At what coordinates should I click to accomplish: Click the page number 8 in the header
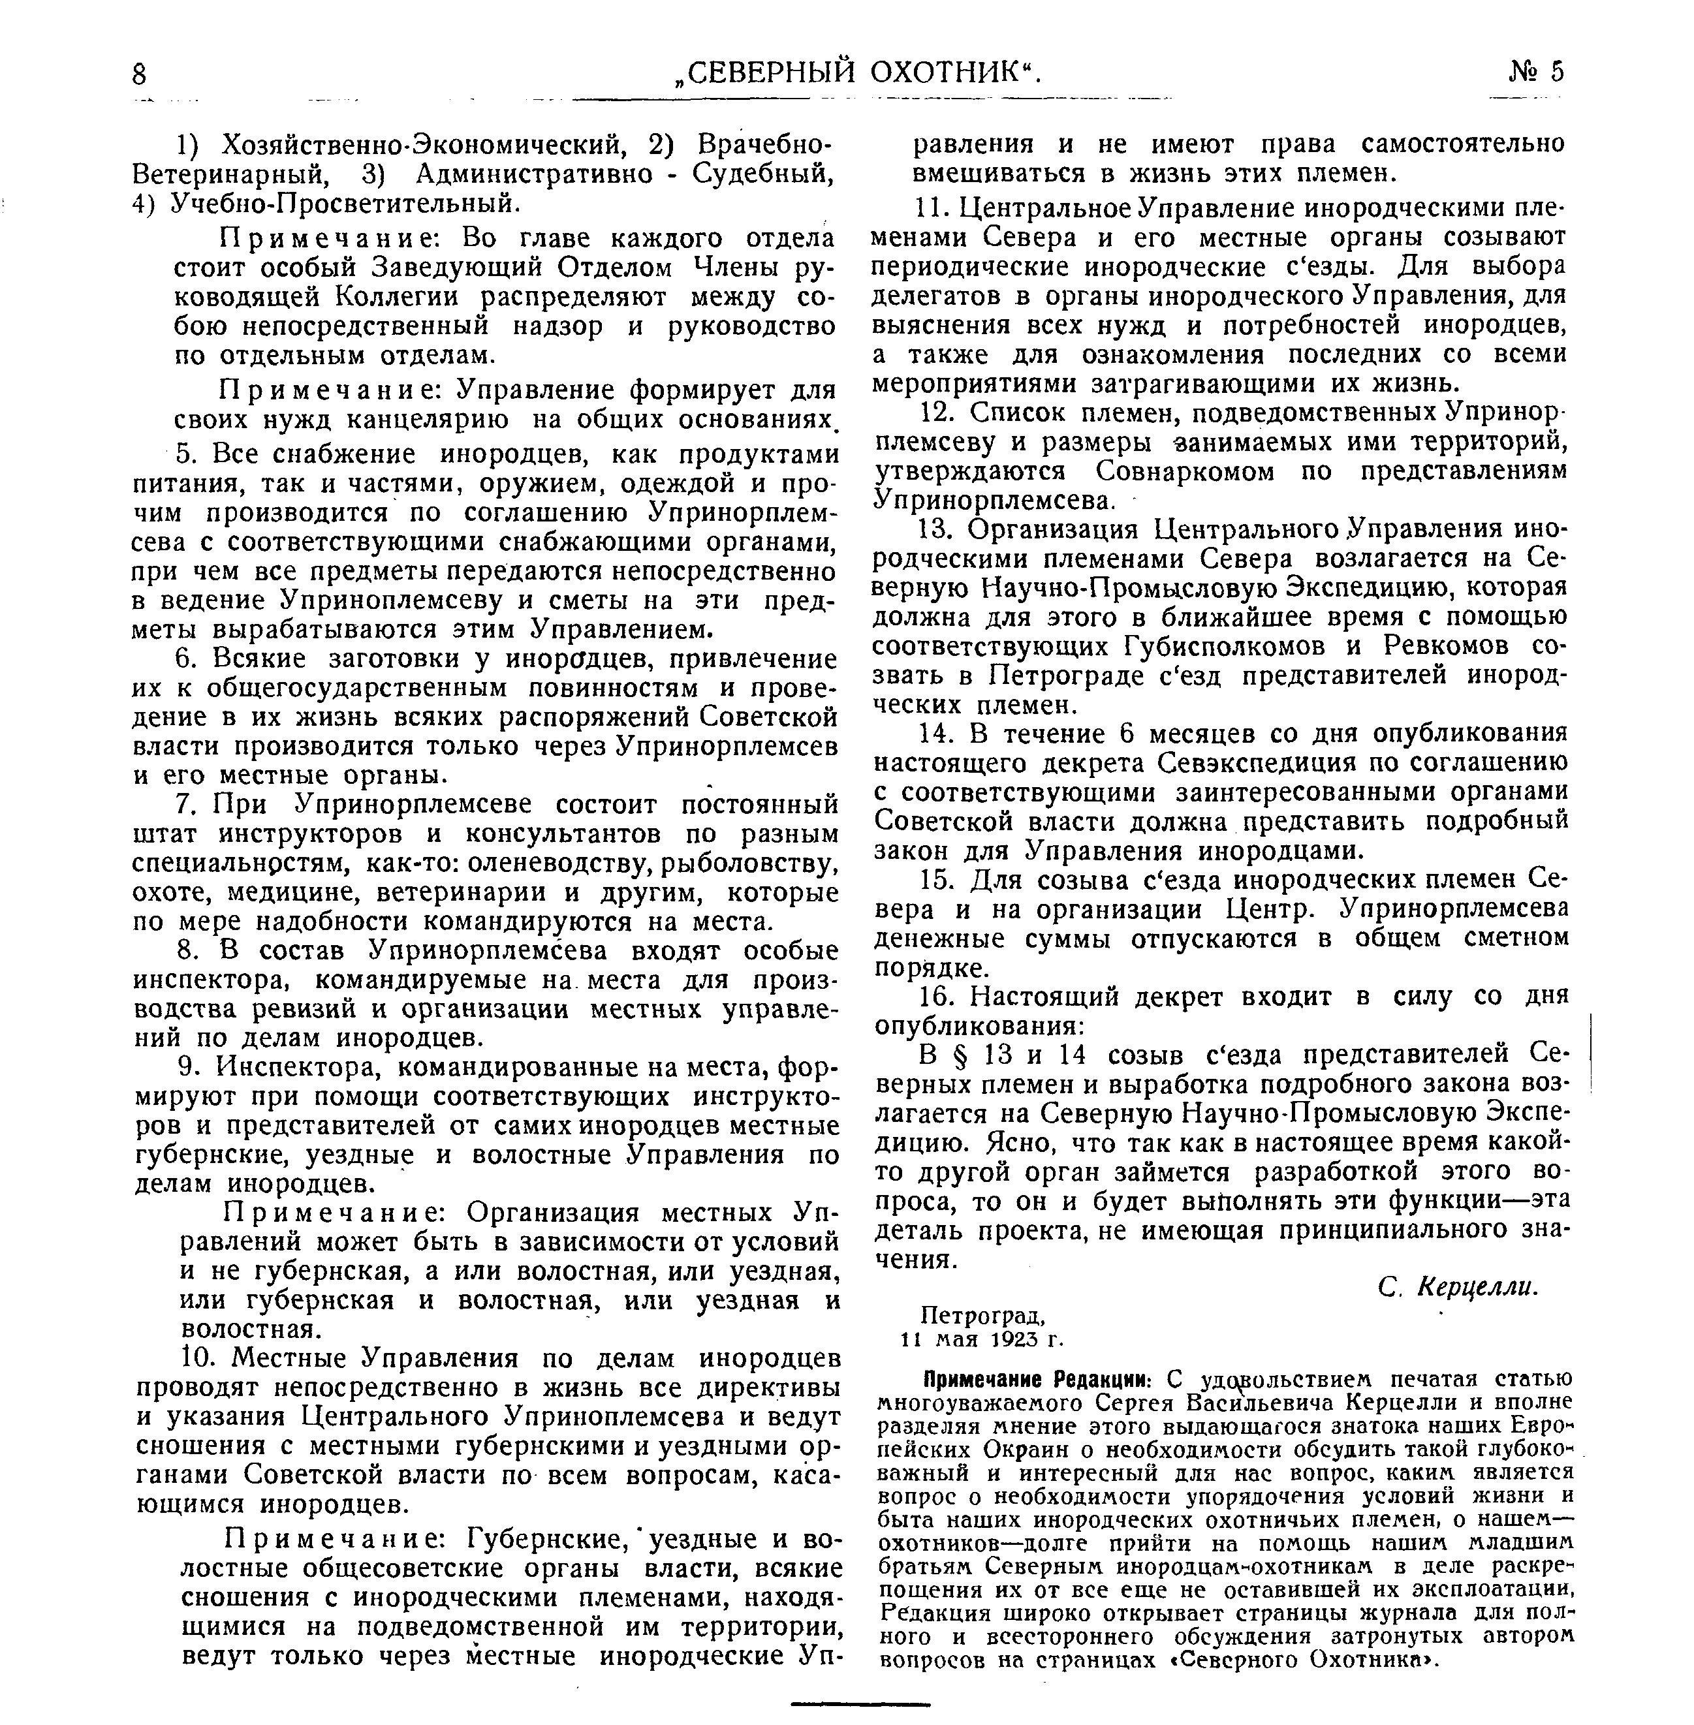tap(139, 73)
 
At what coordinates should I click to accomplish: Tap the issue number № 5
tap(1535, 71)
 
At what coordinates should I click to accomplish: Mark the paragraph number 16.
tap(937, 997)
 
